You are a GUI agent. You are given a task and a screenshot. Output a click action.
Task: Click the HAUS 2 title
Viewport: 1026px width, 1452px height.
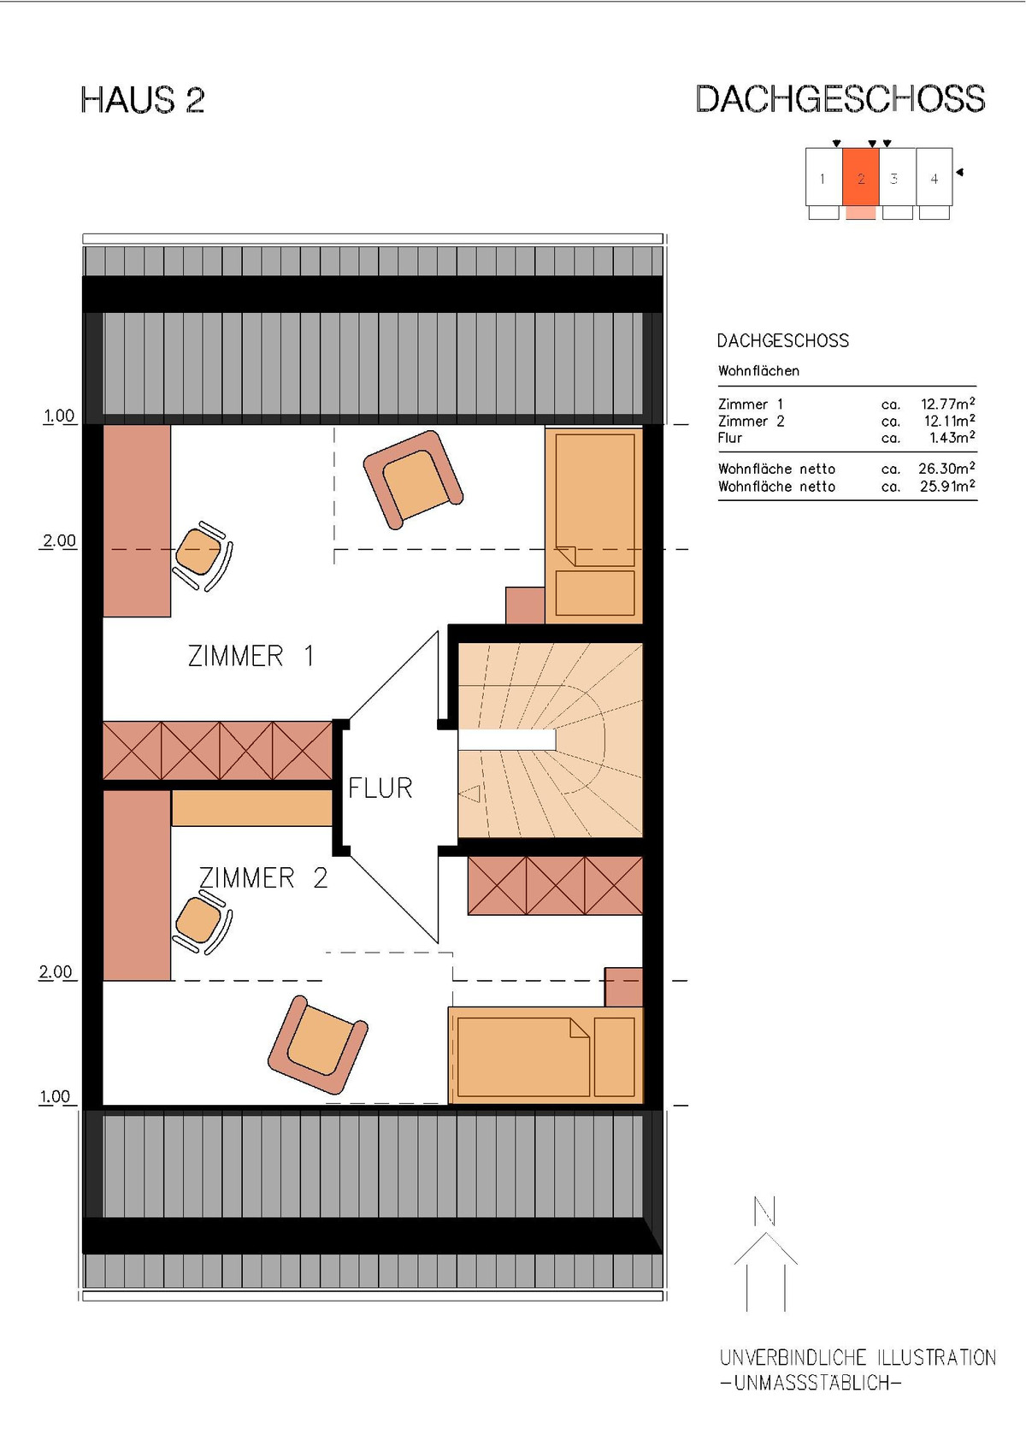143,100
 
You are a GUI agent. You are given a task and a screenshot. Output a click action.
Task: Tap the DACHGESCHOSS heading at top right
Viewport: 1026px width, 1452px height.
840,99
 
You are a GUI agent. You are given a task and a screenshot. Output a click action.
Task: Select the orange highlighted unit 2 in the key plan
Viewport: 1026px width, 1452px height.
861,178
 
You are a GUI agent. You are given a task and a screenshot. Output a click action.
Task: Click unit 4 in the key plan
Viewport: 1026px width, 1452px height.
934,178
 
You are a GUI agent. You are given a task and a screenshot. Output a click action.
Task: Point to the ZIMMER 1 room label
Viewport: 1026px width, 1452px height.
251,656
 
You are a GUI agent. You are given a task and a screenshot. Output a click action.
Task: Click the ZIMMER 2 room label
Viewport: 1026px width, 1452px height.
263,877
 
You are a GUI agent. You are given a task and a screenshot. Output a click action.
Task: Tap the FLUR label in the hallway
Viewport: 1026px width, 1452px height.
380,788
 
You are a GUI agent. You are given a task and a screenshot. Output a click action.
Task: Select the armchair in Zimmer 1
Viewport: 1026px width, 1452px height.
413,479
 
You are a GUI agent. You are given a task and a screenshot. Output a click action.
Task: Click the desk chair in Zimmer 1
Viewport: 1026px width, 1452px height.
202,556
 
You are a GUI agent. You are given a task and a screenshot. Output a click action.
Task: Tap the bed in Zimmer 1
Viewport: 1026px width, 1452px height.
594,524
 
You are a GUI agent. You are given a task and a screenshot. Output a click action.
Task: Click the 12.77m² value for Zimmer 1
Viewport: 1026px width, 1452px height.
947,404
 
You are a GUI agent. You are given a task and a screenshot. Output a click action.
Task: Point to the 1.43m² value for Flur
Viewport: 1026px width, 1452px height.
952,438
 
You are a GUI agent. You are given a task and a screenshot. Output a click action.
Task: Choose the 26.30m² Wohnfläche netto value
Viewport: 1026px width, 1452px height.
946,468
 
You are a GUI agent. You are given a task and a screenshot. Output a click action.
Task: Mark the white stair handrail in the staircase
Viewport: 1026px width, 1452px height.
507,740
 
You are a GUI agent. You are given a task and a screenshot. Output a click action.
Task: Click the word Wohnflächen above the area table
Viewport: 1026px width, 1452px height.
758,371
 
